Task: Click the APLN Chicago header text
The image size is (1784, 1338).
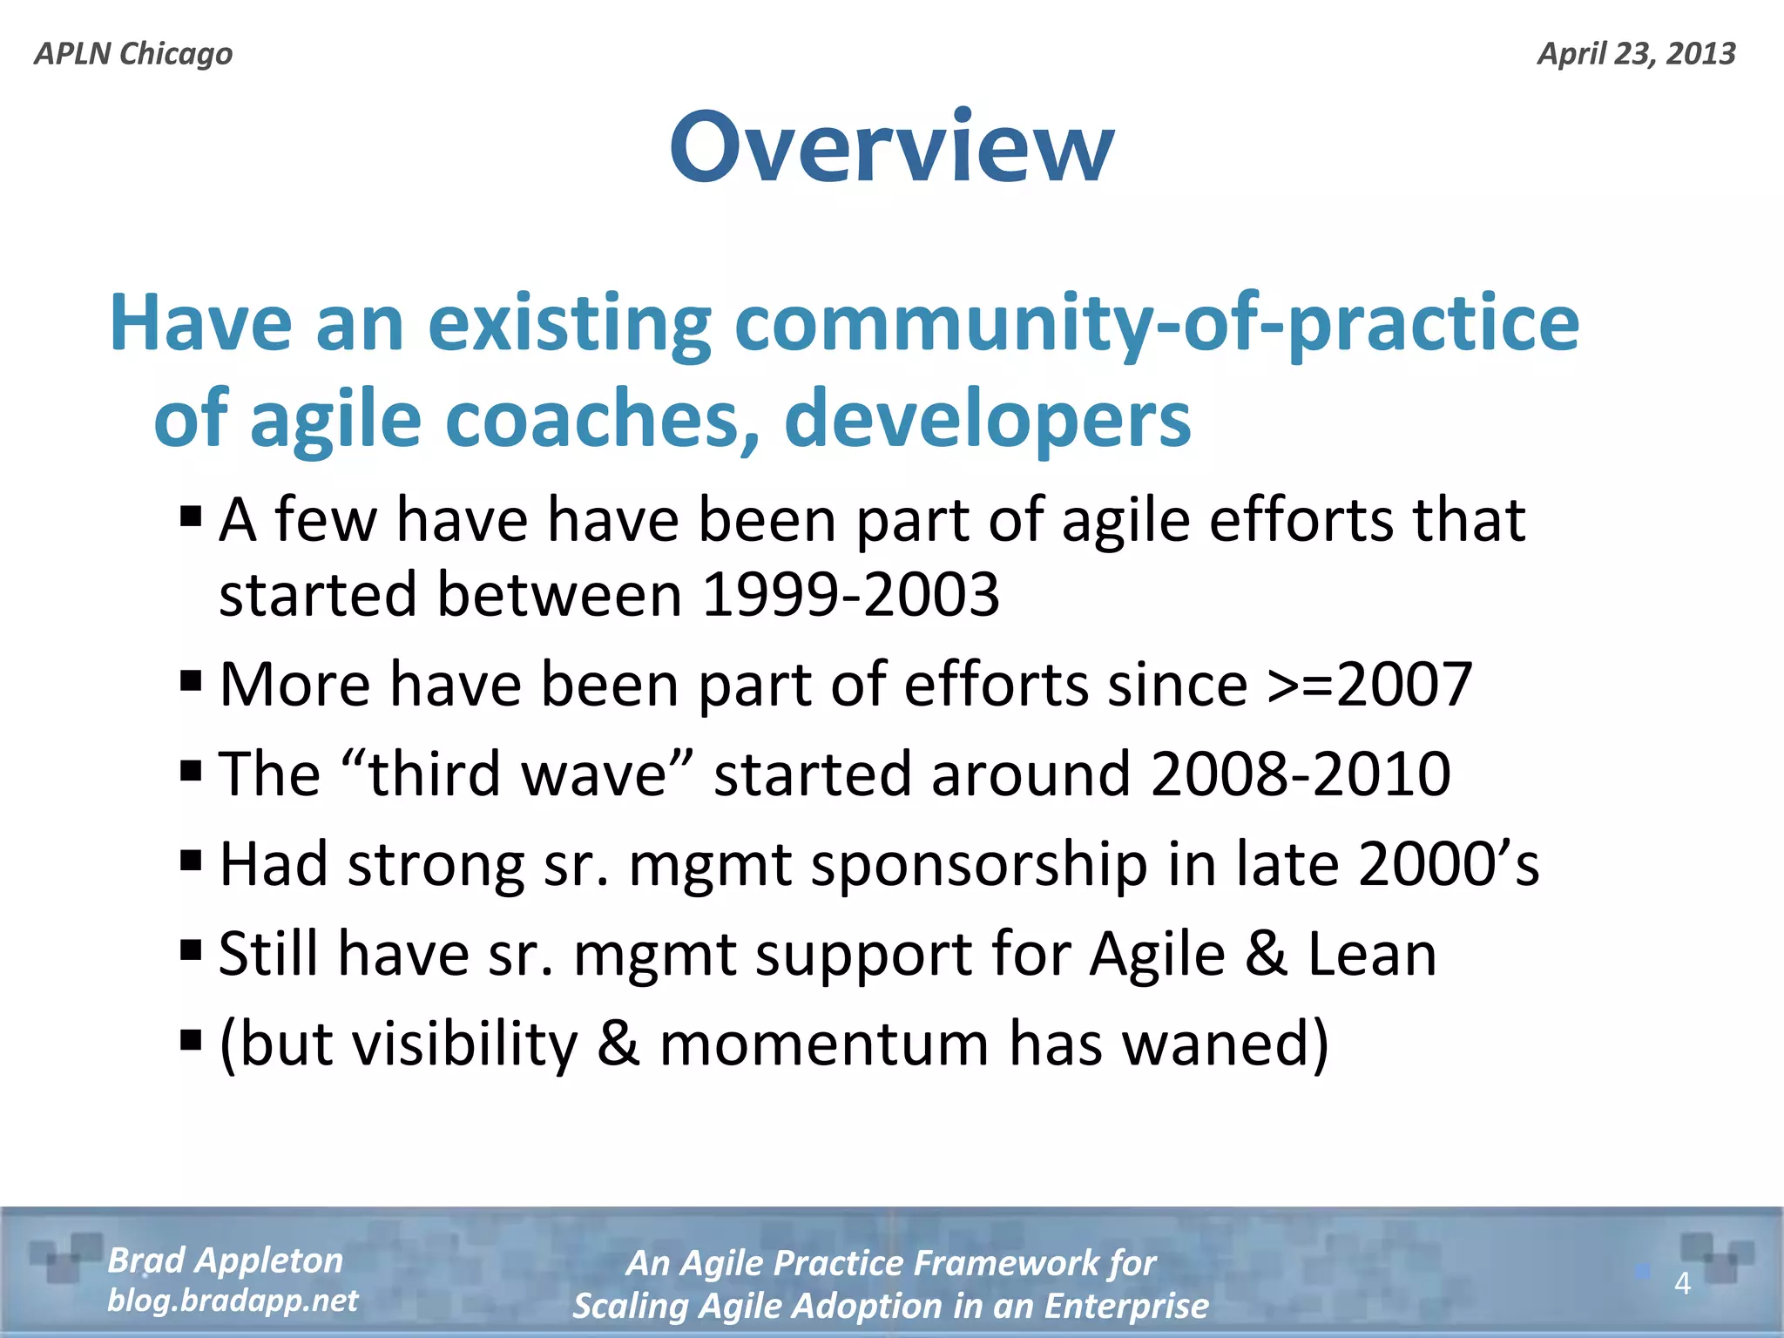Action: pos(133,54)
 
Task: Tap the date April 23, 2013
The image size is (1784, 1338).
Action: pos(1636,54)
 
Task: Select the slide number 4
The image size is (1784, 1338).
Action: pos(1682,1283)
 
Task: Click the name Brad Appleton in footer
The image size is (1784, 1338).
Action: pos(225,1260)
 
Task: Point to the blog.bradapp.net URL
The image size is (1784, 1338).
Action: pos(232,1301)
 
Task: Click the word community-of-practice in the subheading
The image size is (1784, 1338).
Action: pos(1156,324)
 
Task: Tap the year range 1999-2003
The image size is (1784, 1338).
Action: pos(850,595)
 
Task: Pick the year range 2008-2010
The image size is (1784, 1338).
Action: pos(1301,774)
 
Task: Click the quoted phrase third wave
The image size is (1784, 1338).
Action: pos(517,774)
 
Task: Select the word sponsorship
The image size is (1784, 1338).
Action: pos(979,865)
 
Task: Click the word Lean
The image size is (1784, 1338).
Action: pos(1372,954)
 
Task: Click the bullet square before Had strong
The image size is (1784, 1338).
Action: pos(191,861)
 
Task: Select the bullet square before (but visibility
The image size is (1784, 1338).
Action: pos(191,1039)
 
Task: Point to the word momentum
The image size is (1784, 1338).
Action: pos(823,1044)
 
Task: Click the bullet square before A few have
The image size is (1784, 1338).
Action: pos(191,517)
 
